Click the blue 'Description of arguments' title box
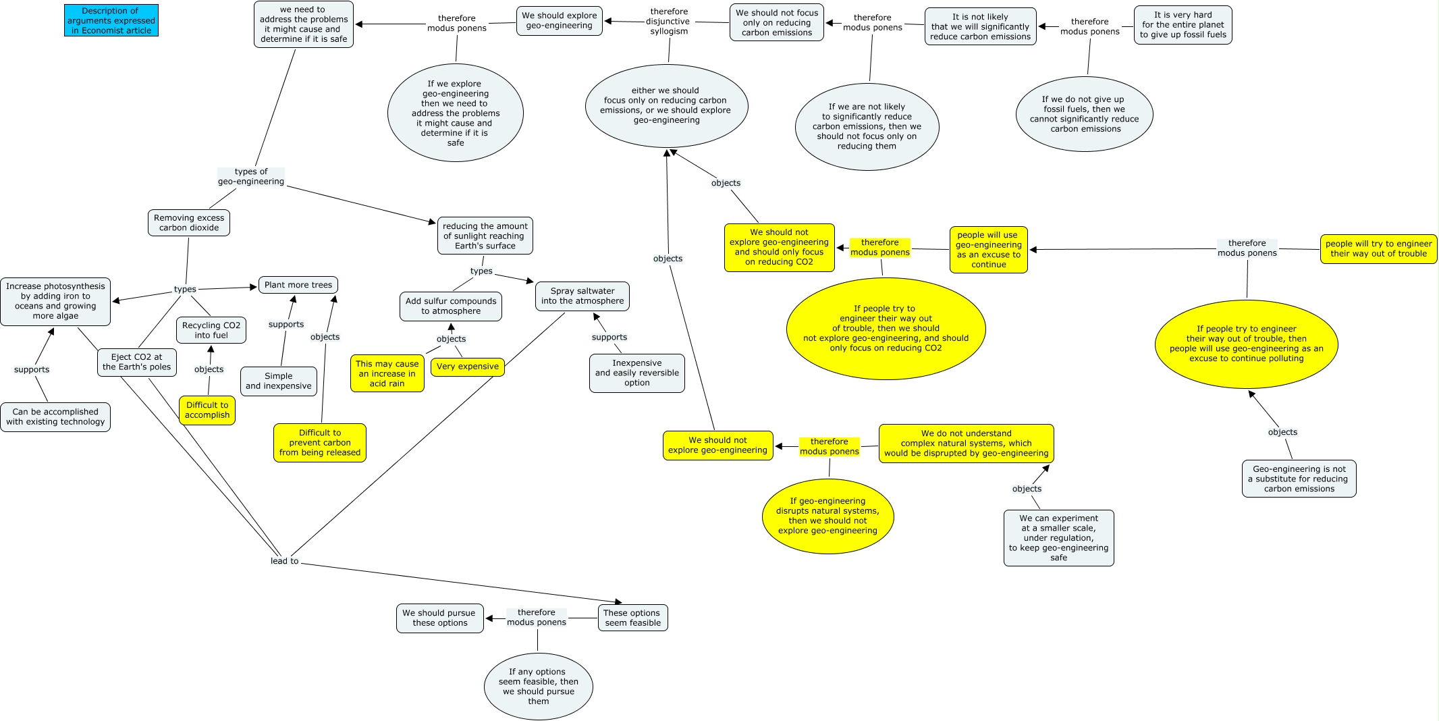tap(111, 20)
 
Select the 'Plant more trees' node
tap(298, 285)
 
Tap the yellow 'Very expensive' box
tap(468, 367)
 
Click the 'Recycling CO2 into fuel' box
tap(211, 330)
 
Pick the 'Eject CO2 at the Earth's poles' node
tap(137, 362)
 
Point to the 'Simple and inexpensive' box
tap(279, 381)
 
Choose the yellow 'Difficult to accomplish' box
tap(207, 410)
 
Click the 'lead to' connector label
tap(284, 561)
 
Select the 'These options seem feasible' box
tap(632, 618)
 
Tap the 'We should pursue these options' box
tap(439, 618)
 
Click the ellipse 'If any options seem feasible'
tap(539, 686)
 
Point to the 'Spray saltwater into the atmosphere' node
tap(582, 296)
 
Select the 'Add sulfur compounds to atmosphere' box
tap(451, 306)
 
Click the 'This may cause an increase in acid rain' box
tap(387, 373)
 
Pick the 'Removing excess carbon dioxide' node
tap(189, 223)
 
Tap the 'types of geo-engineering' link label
tap(251, 176)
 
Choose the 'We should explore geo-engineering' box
tap(560, 20)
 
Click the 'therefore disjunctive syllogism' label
tap(669, 22)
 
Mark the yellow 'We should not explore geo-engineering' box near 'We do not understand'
tap(717, 445)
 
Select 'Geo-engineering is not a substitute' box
tap(1299, 479)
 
